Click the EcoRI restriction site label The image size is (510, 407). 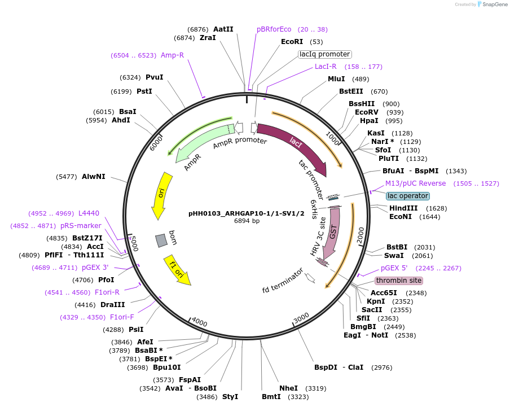(x=292, y=42)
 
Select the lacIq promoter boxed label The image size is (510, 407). (x=324, y=54)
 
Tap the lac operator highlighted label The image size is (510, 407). (x=407, y=196)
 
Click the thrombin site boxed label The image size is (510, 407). (x=398, y=281)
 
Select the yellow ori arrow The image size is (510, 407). (x=159, y=195)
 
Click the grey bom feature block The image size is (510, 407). (x=161, y=240)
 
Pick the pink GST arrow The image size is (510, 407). (x=333, y=231)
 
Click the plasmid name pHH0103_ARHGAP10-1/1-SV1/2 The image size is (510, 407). (x=247, y=213)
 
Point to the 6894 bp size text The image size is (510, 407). (x=247, y=221)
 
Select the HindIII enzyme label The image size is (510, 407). (x=403, y=208)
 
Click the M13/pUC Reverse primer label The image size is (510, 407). (x=415, y=183)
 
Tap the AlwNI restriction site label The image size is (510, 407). (x=94, y=177)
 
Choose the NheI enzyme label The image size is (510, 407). (x=288, y=388)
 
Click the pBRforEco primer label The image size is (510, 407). (x=274, y=29)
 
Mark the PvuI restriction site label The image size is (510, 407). (x=154, y=77)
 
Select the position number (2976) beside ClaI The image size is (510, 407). (x=381, y=367)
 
